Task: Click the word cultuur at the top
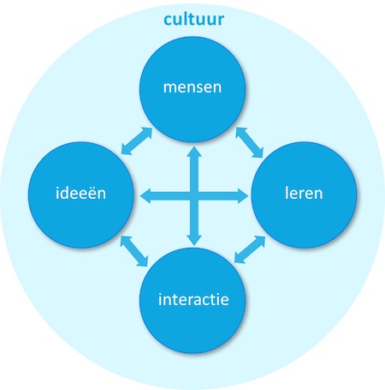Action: [194, 19]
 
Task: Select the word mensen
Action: [192, 87]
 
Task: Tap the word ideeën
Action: [80, 193]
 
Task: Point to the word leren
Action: [304, 193]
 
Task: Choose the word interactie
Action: [193, 299]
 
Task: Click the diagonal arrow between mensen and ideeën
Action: [137, 141]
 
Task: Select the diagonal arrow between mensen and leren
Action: [249, 142]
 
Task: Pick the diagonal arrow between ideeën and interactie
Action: [134, 251]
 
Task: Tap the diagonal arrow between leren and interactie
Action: [250, 249]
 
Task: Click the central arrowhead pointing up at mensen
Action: [194, 152]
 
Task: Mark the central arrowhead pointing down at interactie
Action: [194, 240]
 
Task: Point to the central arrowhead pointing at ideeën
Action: [145, 196]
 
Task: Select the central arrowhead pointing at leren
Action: [243, 196]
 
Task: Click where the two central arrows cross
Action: [194, 196]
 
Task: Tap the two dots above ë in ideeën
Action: [91, 187]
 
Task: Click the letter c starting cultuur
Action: [168, 21]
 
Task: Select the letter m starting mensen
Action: [170, 87]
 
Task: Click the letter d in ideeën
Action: [66, 193]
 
